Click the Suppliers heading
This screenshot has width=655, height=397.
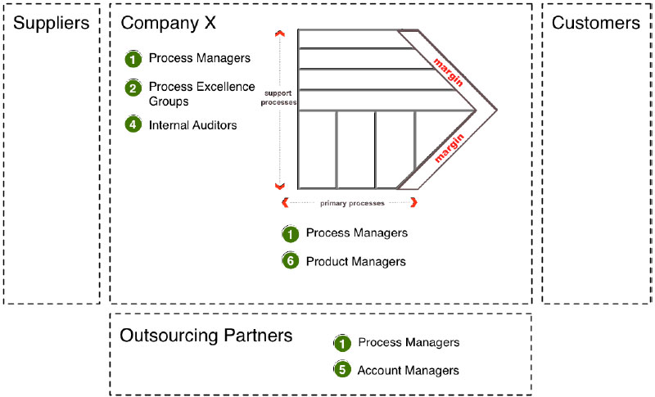51,23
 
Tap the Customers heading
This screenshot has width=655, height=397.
595,23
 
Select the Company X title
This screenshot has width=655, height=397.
168,23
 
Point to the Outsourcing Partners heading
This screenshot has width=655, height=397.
206,336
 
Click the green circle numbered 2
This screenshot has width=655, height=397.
133,88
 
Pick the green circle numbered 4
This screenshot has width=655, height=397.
133,125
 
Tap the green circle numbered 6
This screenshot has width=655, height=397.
290,262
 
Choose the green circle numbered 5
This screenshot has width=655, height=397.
342,370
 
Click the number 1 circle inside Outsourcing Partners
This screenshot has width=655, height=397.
342,343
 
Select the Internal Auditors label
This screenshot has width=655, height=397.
192,125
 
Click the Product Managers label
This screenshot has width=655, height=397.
356,261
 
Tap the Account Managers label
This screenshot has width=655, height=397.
408,370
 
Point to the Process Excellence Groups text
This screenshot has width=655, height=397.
201,94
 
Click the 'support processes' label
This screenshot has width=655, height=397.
278,98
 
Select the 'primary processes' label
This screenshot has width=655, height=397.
350,202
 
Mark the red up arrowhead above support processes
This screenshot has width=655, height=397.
280,34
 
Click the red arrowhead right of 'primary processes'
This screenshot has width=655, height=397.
414,202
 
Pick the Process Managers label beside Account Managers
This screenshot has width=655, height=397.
408,342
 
